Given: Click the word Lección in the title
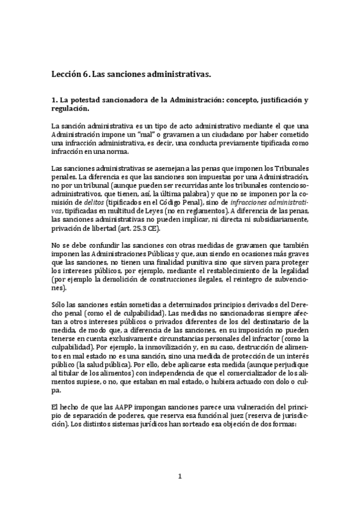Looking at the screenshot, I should [66, 75].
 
